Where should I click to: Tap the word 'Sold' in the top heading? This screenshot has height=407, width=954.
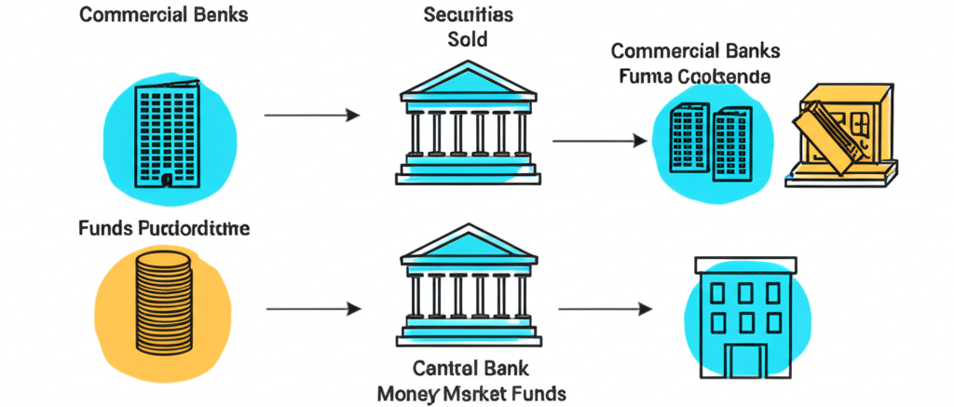pos(467,41)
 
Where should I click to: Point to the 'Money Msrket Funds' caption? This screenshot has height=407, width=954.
pos(471,394)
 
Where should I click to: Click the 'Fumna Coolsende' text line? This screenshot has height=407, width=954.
pos(695,77)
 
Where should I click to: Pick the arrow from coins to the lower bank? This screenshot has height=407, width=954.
pos(312,308)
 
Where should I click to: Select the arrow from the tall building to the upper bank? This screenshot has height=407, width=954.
pos(312,115)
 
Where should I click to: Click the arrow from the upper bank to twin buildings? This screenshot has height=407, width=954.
pos(600,141)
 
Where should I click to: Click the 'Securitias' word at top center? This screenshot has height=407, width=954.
pos(467,15)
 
